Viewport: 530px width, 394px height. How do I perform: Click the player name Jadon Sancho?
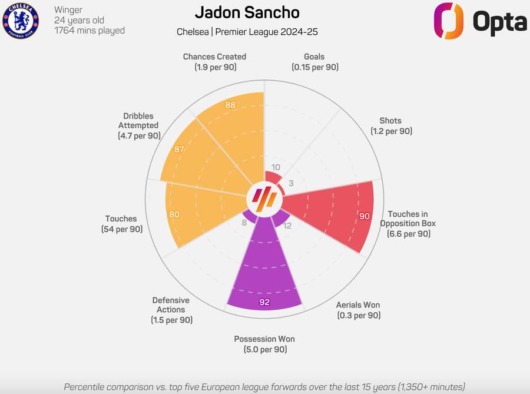[247, 12]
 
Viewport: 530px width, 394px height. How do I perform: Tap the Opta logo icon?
[449, 21]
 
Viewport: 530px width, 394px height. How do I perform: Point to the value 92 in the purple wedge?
[264, 303]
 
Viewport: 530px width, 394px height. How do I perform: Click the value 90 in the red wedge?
[365, 216]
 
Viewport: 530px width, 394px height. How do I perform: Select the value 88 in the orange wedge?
[231, 105]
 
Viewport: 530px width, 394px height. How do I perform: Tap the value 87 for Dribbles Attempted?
[180, 150]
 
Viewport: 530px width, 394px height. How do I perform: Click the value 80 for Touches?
[174, 215]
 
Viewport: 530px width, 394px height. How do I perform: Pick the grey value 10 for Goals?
[276, 167]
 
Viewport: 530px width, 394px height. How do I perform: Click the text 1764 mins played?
[89, 30]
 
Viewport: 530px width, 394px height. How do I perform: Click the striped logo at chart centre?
[264, 200]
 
